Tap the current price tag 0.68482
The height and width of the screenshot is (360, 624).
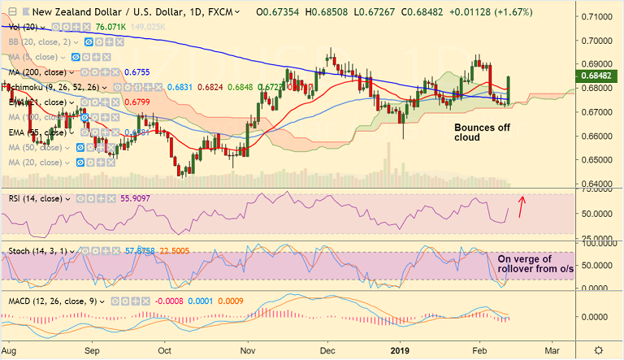click(x=602, y=76)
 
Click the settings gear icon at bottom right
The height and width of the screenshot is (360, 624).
click(x=599, y=349)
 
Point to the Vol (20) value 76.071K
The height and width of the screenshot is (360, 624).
click(x=111, y=27)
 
